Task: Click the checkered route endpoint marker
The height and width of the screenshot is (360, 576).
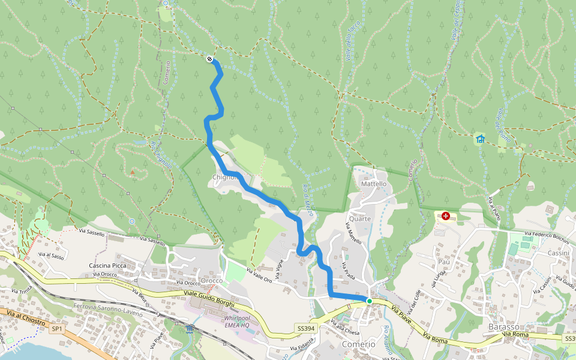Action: (x=209, y=59)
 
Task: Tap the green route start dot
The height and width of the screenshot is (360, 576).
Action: (x=370, y=301)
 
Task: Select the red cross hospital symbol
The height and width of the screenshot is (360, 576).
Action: (x=446, y=215)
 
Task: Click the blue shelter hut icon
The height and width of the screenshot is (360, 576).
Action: (x=480, y=139)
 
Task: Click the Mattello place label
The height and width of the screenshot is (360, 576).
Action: (x=374, y=184)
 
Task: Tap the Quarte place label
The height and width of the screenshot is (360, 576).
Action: (x=360, y=218)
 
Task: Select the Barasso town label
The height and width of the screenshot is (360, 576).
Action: (x=503, y=326)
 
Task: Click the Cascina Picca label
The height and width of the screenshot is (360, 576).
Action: (x=107, y=265)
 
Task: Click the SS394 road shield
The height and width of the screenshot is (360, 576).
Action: (x=305, y=328)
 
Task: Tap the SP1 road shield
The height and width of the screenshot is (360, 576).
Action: (x=57, y=329)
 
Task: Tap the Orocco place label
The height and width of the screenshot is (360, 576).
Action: (x=212, y=280)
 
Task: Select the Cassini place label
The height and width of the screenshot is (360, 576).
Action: (x=559, y=253)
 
